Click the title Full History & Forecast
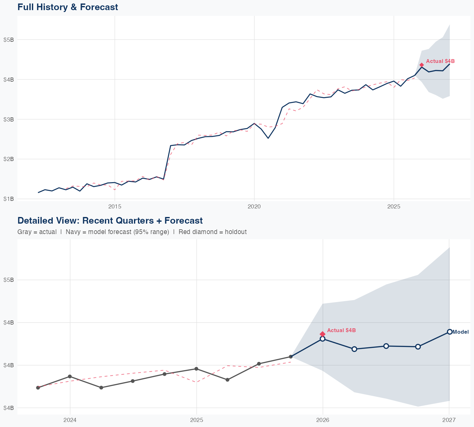pyautogui.click(x=68, y=7)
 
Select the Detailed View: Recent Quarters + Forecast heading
pyautogui.click(x=110, y=220)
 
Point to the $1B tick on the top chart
pyautogui.click(x=9, y=199)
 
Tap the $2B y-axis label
pyautogui.click(x=9, y=159)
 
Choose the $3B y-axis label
pyautogui.click(x=9, y=119)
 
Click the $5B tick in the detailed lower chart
pyautogui.click(x=9, y=280)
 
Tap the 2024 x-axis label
pyautogui.click(x=70, y=420)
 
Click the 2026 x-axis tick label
pyautogui.click(x=323, y=420)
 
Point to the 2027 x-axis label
pyautogui.click(x=449, y=420)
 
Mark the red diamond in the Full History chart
pyautogui.click(x=422, y=65)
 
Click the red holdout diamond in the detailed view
pyautogui.click(x=323, y=334)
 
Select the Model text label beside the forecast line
pyautogui.click(x=461, y=332)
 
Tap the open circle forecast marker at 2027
pyautogui.click(x=449, y=332)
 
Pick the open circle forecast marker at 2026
pyautogui.click(x=323, y=339)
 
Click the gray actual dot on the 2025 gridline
pyautogui.click(x=196, y=369)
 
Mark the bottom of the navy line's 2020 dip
pyautogui.click(x=268, y=138)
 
